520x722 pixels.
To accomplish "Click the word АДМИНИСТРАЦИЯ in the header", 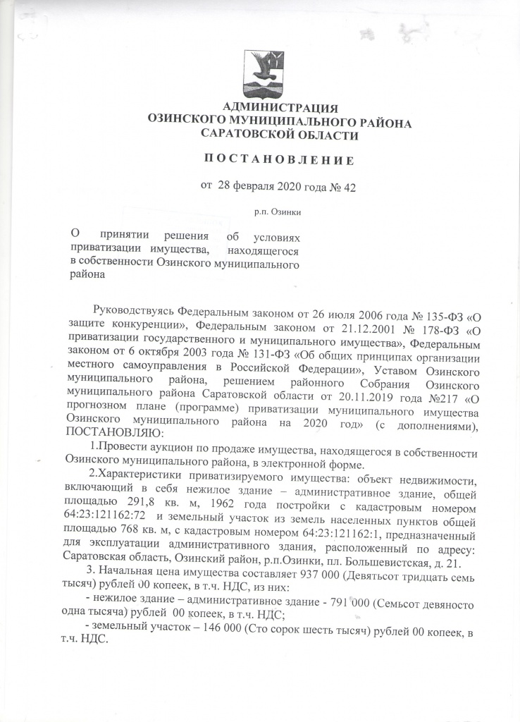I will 280,108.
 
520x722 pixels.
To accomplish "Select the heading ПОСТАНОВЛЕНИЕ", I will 278,160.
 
